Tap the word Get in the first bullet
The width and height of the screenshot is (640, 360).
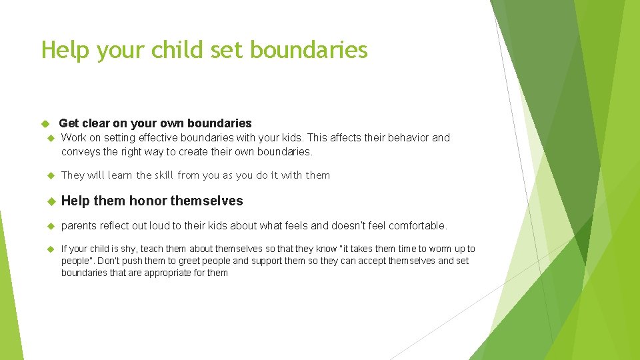coord(69,123)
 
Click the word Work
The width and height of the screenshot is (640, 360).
coord(74,138)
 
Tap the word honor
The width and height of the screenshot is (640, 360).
coord(148,201)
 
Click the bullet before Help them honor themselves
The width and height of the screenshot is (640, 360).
coord(49,201)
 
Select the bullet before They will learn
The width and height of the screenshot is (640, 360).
coord(49,175)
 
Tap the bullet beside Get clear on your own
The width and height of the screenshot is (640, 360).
coord(46,123)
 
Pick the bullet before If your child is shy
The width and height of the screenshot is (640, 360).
coord(49,249)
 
